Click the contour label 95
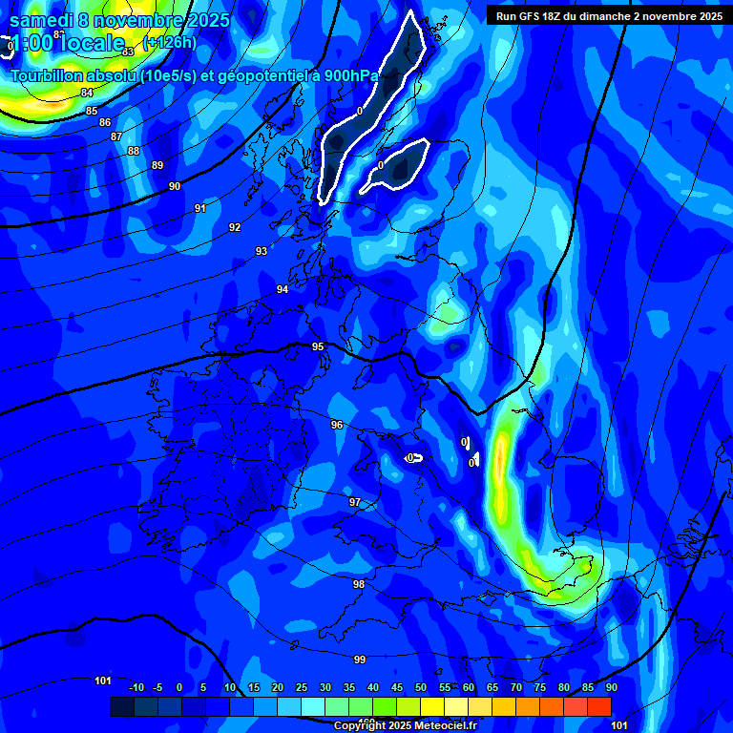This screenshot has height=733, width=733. (318, 346)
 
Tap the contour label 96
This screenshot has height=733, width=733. (336, 425)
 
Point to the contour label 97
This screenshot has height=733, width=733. (355, 502)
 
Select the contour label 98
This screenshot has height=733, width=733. (359, 584)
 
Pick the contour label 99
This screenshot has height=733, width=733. (360, 660)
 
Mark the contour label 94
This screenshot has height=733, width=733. (283, 289)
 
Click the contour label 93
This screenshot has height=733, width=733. (262, 251)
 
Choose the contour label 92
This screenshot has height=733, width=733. (235, 227)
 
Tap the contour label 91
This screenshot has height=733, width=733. (200, 208)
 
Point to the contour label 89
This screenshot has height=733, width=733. (157, 165)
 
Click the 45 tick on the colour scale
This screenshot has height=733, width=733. (396, 687)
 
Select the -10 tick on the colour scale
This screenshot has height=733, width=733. (136, 687)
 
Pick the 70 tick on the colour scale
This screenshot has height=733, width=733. (515, 687)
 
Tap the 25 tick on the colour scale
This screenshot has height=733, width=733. (301, 687)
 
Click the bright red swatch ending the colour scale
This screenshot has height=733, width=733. (599, 706)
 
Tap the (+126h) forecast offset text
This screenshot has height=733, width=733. (169, 42)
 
